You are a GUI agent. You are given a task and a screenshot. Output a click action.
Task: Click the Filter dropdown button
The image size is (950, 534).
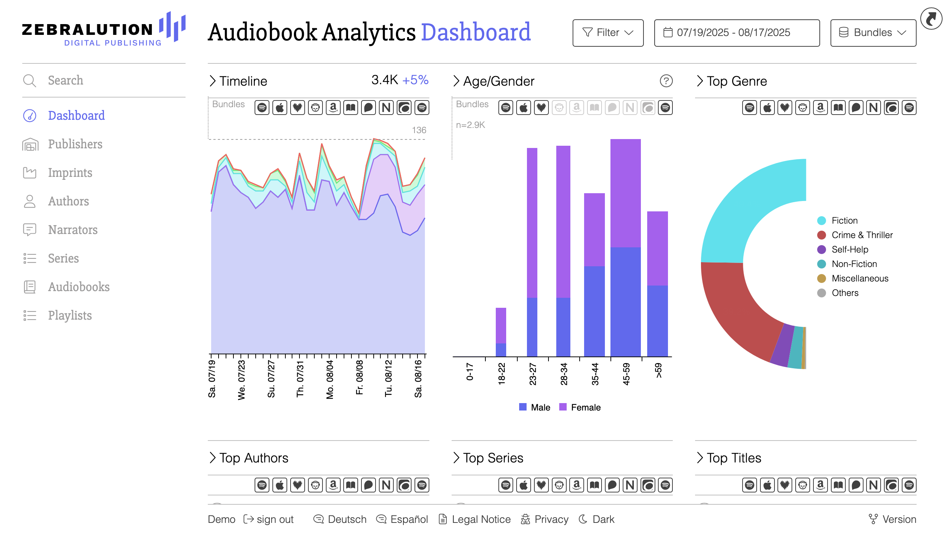point(607,33)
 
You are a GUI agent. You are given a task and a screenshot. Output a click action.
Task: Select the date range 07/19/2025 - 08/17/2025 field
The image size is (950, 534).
point(737,33)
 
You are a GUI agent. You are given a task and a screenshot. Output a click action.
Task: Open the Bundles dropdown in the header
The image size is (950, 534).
point(873,33)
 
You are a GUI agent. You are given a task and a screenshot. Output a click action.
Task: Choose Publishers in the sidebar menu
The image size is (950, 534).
point(75,144)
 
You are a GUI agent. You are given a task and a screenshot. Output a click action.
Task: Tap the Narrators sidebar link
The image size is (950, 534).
point(73,230)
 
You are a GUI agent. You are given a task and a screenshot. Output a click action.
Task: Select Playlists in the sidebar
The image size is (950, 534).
point(70,316)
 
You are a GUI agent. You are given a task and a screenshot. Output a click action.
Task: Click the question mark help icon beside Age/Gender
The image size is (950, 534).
point(666,81)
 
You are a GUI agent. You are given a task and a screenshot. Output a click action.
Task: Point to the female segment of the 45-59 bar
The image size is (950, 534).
point(625,193)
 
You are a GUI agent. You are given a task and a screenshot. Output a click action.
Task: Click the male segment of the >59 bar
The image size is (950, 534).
point(657,321)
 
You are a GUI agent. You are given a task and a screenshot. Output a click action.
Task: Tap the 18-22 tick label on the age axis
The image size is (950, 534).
point(501,374)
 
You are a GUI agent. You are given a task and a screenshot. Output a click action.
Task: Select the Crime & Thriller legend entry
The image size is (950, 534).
point(862,235)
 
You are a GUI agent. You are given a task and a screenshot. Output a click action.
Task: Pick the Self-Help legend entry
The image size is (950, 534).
point(849,250)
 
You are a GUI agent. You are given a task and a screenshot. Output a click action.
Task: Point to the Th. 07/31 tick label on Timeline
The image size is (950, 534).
point(300,379)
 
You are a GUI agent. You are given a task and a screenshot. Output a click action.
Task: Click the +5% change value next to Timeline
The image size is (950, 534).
point(415,80)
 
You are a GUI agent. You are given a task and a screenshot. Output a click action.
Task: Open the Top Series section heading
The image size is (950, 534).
point(493,458)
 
